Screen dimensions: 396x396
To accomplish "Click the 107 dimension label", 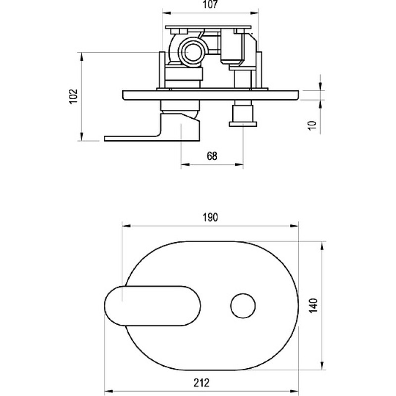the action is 210,5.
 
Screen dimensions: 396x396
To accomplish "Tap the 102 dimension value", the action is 73,96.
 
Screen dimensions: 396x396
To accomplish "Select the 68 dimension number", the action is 212,156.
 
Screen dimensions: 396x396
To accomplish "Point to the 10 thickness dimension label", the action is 312,126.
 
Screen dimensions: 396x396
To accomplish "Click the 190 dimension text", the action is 210,217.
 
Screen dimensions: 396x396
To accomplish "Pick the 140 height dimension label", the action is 313,305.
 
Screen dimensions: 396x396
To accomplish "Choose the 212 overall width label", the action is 201,383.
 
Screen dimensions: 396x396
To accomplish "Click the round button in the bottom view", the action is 243,306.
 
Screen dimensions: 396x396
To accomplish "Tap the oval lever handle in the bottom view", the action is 152,306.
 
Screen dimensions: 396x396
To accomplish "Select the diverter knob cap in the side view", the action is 243,124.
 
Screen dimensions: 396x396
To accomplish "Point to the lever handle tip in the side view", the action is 105,139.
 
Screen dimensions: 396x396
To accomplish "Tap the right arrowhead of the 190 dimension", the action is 294,226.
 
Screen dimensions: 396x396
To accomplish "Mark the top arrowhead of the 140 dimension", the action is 322,246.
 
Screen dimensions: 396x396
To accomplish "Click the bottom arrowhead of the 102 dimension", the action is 81,137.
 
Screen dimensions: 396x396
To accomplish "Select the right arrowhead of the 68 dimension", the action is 239,165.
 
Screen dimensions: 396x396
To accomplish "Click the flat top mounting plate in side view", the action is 208,27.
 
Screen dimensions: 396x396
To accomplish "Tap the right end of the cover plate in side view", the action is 298,95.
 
